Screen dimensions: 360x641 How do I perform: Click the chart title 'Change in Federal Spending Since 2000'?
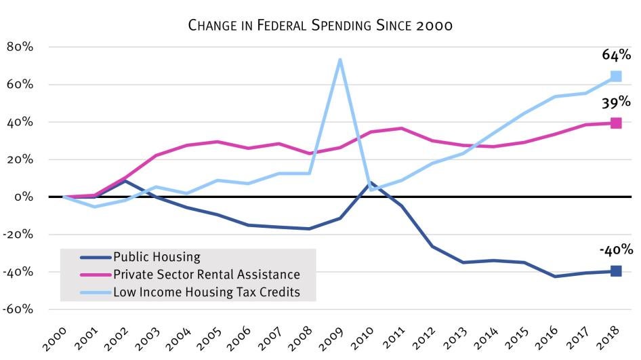pyautogui.click(x=320, y=26)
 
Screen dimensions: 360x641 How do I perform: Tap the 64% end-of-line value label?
pyautogui.click(x=616, y=55)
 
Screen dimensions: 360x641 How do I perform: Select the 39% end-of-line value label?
pyautogui.click(x=616, y=102)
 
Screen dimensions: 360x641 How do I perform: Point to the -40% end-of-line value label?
pyautogui.click(x=615, y=249)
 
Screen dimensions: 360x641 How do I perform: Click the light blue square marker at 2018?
pyautogui.click(x=616, y=77)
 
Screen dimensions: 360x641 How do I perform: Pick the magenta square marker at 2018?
pyautogui.click(x=616, y=123)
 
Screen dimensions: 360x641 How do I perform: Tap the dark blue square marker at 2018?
pyautogui.click(x=616, y=271)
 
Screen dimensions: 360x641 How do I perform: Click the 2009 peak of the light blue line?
pyautogui.click(x=339, y=59)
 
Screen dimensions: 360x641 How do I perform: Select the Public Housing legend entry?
pyautogui.click(x=157, y=257)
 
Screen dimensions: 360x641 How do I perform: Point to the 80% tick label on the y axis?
pyautogui.click(x=22, y=47)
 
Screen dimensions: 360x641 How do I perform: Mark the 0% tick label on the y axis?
pyautogui.click(x=25, y=197)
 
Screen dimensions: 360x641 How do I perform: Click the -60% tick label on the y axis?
pyautogui.click(x=20, y=309)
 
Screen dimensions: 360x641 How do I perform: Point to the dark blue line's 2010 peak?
pyautogui.click(x=370, y=182)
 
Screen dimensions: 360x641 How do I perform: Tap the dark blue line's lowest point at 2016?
pyautogui.click(x=555, y=276)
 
